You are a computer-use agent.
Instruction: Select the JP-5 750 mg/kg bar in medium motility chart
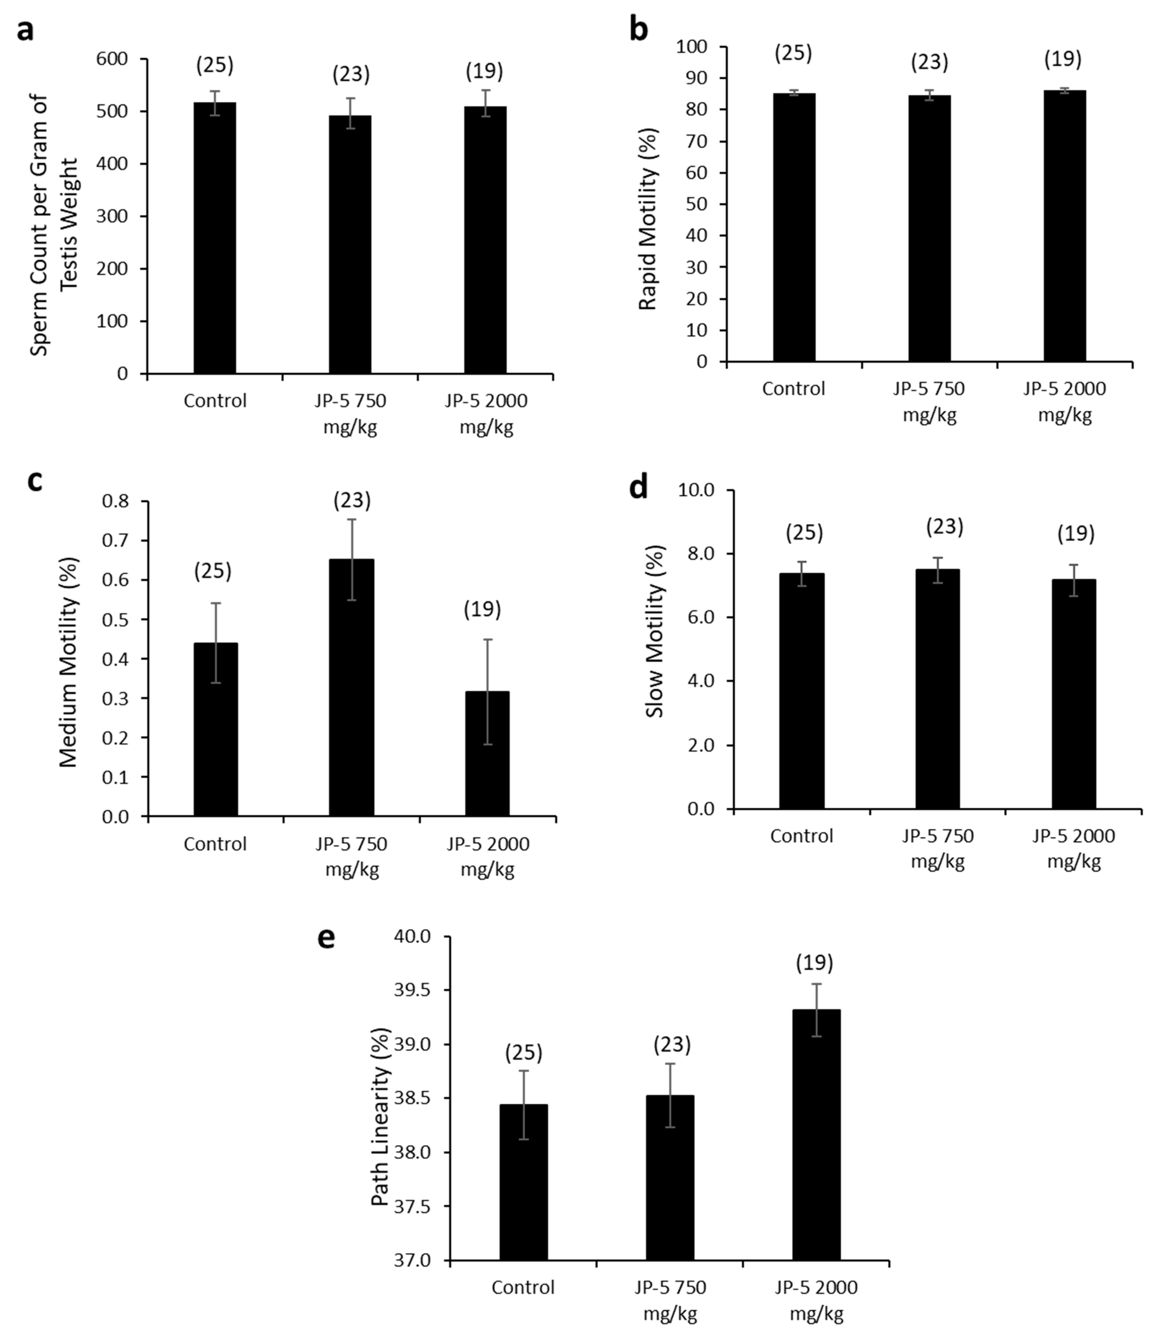352,687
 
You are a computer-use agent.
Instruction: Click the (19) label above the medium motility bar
482,609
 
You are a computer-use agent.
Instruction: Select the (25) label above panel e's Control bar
523,1053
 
